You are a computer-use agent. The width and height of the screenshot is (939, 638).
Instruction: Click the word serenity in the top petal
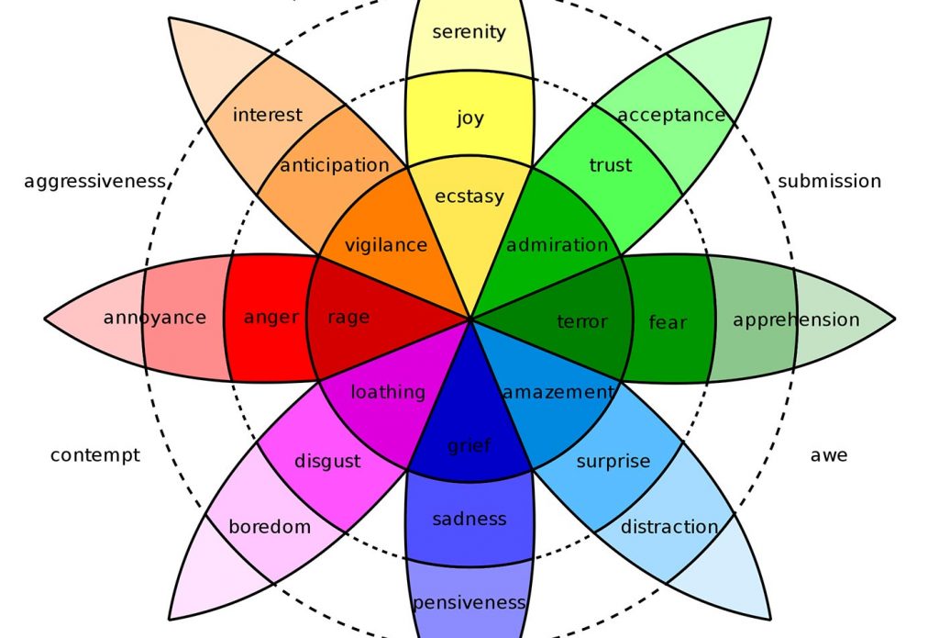point(469,32)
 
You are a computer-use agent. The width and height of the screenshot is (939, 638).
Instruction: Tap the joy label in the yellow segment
point(469,118)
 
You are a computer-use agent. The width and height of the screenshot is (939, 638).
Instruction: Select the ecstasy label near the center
point(469,196)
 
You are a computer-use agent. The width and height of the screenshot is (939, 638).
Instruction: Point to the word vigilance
point(385,245)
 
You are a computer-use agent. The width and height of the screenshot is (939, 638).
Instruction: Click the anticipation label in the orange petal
point(335,166)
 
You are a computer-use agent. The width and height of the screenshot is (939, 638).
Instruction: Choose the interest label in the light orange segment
point(267,115)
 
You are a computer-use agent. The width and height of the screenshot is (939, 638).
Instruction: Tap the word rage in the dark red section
point(348,318)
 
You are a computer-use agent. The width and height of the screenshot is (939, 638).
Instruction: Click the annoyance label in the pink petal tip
point(154,318)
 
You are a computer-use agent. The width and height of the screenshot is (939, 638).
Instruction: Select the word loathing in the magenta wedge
point(387,392)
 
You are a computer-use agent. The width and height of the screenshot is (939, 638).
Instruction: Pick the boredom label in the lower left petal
point(270,527)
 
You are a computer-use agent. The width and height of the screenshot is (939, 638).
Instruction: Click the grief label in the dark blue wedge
point(469,446)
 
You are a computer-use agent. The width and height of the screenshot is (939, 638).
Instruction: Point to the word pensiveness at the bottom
point(469,603)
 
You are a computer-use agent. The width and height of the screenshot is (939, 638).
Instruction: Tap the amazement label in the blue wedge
point(557,392)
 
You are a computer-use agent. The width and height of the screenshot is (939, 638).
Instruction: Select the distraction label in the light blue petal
point(668,527)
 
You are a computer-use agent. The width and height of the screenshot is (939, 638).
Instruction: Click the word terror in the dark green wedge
point(581,321)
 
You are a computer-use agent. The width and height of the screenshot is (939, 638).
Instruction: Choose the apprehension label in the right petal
point(796,319)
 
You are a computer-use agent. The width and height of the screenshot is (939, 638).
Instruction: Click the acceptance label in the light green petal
point(671,115)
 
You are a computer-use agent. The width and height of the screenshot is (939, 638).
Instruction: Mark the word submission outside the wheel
point(829,182)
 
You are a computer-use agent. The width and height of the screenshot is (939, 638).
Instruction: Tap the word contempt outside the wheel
point(94,454)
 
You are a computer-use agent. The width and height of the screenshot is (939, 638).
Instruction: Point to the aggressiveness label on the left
point(94,182)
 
